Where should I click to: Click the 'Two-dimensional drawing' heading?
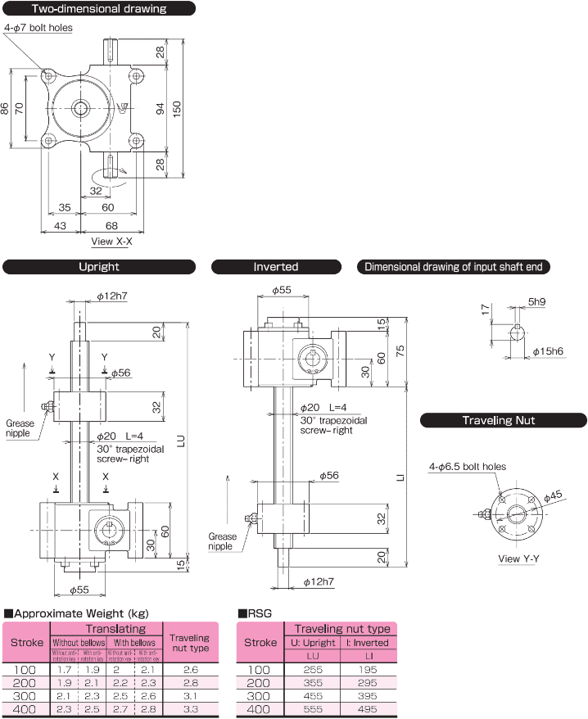tap(98, 9)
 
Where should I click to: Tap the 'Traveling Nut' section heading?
tap(504, 420)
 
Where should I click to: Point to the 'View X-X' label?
tap(112, 241)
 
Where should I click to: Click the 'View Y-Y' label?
tap(518, 559)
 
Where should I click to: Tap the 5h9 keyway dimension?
tap(537, 302)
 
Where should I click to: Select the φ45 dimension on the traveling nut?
tap(554, 495)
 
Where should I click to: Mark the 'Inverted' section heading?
tap(276, 266)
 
